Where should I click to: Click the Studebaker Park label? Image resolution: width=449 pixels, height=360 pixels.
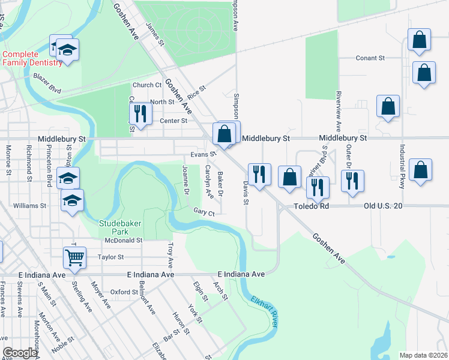pos(117,228)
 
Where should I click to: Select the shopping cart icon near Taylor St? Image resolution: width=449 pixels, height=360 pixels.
pos(74,258)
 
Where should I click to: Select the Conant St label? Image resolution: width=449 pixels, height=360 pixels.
pos(370,58)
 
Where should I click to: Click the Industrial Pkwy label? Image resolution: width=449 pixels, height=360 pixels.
pos(402,166)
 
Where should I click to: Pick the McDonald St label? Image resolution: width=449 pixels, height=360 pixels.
pos(122,240)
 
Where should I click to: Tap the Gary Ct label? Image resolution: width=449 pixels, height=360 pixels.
pos(204,212)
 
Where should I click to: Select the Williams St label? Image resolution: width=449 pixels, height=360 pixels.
pos(30,206)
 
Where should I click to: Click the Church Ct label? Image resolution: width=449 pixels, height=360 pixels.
pos(147,85)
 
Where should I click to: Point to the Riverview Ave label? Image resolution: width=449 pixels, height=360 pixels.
pos(339,112)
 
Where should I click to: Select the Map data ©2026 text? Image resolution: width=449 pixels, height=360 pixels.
pos(423,355)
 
